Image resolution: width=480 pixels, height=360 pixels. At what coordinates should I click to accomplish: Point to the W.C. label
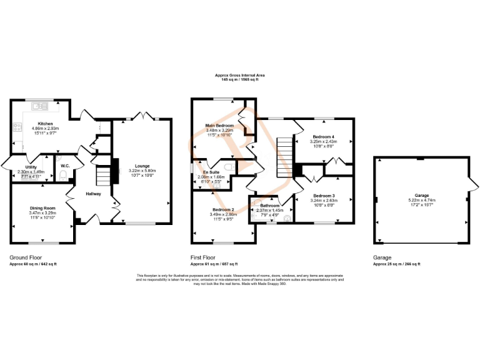tap(64, 166)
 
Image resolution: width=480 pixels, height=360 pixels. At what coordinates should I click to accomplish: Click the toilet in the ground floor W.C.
tap(63, 174)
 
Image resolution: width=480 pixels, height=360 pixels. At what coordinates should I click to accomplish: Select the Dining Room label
tap(42, 208)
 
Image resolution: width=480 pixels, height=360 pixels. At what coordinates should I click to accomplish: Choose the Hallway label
tap(93, 194)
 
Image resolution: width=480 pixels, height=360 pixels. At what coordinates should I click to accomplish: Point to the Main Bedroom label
tap(219, 126)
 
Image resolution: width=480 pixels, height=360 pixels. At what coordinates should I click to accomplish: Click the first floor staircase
tap(285, 157)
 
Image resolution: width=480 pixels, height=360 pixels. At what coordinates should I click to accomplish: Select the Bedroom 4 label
tap(324, 136)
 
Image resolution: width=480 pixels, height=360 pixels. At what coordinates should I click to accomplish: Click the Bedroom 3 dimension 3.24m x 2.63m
tap(324, 201)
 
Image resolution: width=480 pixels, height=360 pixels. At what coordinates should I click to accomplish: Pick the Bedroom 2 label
tap(222, 209)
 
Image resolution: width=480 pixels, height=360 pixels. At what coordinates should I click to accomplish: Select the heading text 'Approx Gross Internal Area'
tap(241, 75)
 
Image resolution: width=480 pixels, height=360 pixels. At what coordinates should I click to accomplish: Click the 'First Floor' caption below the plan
tap(204, 257)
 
